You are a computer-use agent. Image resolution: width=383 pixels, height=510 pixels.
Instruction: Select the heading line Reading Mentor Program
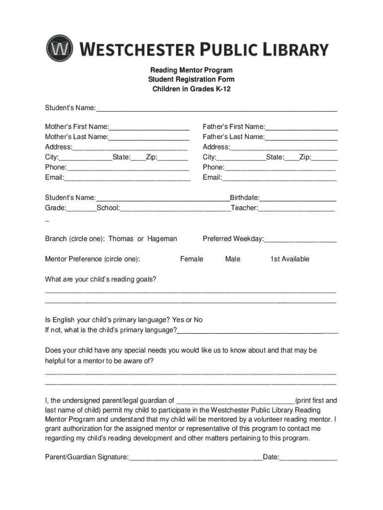coord(191,70)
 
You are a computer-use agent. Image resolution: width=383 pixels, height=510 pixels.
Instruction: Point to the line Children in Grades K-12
coord(191,89)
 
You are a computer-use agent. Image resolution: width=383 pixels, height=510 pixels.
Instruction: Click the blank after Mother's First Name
coord(149,127)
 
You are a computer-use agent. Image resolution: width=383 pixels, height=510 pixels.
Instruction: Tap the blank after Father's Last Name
coord(301,137)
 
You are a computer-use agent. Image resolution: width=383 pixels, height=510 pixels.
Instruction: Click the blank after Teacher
coord(296,208)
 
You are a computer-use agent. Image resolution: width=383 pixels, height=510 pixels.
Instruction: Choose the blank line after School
coord(175,208)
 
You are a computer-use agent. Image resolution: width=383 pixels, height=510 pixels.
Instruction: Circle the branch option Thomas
coord(121,239)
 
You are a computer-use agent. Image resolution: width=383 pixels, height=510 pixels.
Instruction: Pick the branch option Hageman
coord(162,239)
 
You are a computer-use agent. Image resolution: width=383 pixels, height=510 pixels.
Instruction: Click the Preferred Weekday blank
coord(300,240)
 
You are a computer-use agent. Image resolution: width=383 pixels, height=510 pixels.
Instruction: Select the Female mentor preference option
coord(191,259)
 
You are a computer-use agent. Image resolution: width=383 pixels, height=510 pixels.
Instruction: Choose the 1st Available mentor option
coord(289,259)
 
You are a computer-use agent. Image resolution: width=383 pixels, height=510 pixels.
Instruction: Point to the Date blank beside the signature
coord(308,457)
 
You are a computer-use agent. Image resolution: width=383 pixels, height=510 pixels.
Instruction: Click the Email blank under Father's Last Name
coord(279,178)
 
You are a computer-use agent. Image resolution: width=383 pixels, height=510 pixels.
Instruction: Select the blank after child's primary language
coord(257,331)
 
